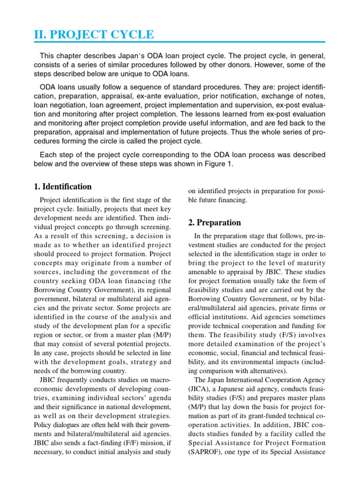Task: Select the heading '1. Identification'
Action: [62, 187]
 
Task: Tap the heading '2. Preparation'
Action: [215, 223]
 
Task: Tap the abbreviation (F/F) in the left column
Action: [139, 442]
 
